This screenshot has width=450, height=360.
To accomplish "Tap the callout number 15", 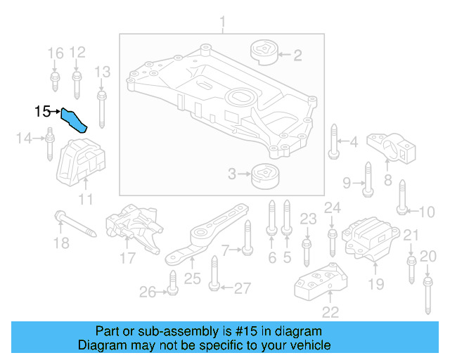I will pos(43,111).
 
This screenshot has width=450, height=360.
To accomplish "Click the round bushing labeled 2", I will pos(264,53).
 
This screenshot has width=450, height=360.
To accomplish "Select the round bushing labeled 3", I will pos(264,174).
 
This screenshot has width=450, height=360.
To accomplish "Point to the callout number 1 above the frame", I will pos(223,25).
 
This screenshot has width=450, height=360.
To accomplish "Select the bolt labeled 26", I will pos(171,285).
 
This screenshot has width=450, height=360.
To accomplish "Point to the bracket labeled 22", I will pos(320,281).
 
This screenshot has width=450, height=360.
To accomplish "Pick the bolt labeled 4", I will pos(333,143).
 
